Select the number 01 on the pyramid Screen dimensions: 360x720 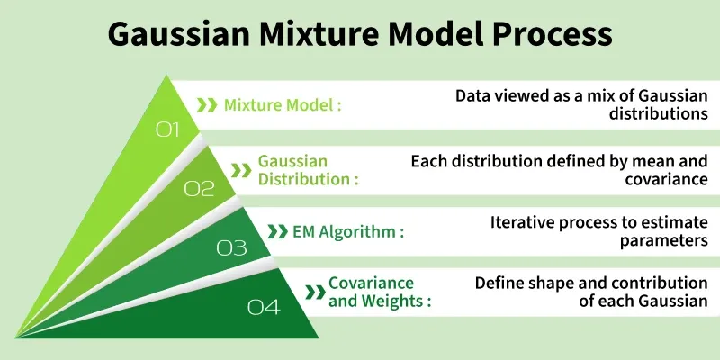168,130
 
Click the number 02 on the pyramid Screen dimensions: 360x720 200,188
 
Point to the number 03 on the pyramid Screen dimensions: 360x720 231,247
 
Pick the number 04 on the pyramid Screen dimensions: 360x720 264,308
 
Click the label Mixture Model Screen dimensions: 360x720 282,105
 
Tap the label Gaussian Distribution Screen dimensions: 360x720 307,169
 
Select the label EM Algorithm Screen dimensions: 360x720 347,231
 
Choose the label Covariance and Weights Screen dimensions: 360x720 378,292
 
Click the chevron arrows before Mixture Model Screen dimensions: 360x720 207,105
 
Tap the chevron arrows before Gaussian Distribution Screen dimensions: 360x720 240,169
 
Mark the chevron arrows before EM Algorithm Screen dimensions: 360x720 277,231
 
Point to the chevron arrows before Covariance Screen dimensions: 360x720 315,292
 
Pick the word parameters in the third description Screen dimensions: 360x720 664,240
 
